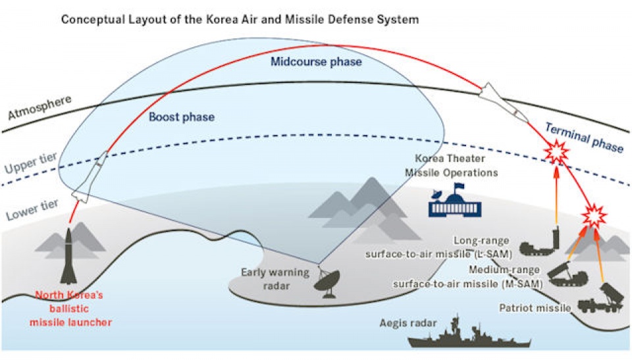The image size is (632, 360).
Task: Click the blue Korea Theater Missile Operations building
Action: tap(455, 203)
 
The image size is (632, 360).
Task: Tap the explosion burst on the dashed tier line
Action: tap(557, 153)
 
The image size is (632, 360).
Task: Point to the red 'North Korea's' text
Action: tap(69, 295)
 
